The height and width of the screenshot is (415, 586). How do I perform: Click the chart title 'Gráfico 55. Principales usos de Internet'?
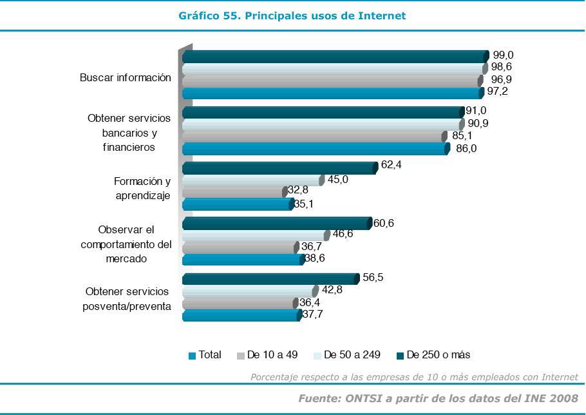pos(292,15)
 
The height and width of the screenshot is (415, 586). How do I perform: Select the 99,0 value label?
pos(504,55)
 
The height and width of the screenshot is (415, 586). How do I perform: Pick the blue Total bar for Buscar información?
pos(331,93)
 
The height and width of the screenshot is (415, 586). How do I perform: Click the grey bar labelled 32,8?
pos(233,192)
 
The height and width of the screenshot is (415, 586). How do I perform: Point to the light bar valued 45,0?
pos(251,180)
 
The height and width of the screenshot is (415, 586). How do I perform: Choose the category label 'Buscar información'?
pos(126,78)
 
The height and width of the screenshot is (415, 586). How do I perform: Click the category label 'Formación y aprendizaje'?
pos(142,189)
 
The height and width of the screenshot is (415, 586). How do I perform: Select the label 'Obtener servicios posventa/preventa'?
pos(127,299)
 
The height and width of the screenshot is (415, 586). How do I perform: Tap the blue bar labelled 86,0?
pos(314,149)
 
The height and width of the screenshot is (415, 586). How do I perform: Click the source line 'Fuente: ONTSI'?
pos(438,398)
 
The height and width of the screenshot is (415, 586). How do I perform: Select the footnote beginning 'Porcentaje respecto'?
pos(414,377)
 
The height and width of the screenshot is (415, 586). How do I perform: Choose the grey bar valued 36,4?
pos(238,304)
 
